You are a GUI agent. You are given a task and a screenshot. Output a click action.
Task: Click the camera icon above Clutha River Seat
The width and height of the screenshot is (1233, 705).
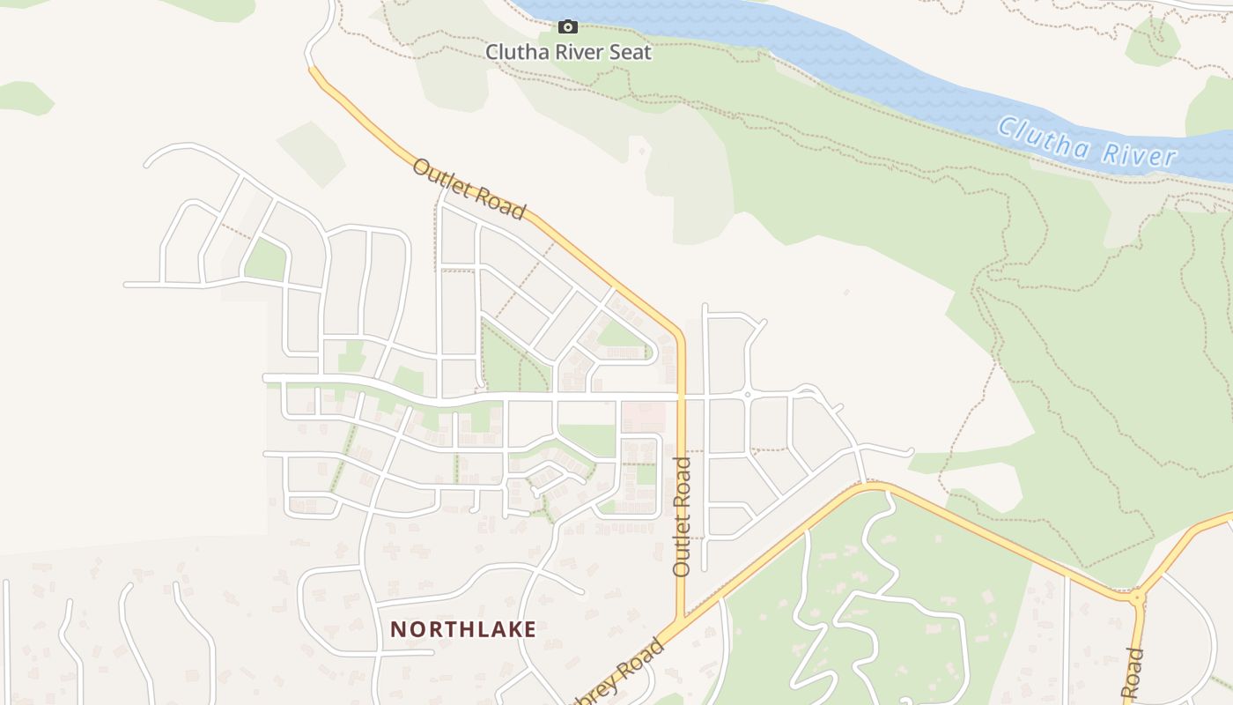tap(568, 27)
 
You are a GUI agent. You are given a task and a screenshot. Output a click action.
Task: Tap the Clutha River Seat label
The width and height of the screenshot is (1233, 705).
tap(568, 52)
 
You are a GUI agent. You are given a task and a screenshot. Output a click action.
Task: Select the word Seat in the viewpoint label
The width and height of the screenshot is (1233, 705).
tap(631, 52)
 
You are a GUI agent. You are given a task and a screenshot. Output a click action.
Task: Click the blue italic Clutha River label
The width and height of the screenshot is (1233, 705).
tap(1087, 142)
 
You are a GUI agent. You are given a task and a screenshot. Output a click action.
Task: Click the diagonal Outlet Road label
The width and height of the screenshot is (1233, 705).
tap(469, 189)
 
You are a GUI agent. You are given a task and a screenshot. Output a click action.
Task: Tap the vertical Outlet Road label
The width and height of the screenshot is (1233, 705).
tap(682, 516)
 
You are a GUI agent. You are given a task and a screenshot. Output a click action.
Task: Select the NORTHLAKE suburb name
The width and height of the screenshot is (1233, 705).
tap(463, 629)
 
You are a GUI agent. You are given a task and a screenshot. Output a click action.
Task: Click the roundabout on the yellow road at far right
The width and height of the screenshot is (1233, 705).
tap(1136, 598)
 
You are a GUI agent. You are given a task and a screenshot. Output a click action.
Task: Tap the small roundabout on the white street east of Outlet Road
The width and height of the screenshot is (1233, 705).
tap(747, 395)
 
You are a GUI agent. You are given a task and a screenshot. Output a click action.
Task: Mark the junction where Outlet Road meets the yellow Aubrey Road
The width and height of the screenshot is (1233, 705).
tap(681, 619)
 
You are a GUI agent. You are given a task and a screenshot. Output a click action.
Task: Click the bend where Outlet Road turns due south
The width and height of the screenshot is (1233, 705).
tap(678, 333)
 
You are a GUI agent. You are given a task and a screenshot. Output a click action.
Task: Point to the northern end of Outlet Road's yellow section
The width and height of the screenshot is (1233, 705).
tap(312, 69)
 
